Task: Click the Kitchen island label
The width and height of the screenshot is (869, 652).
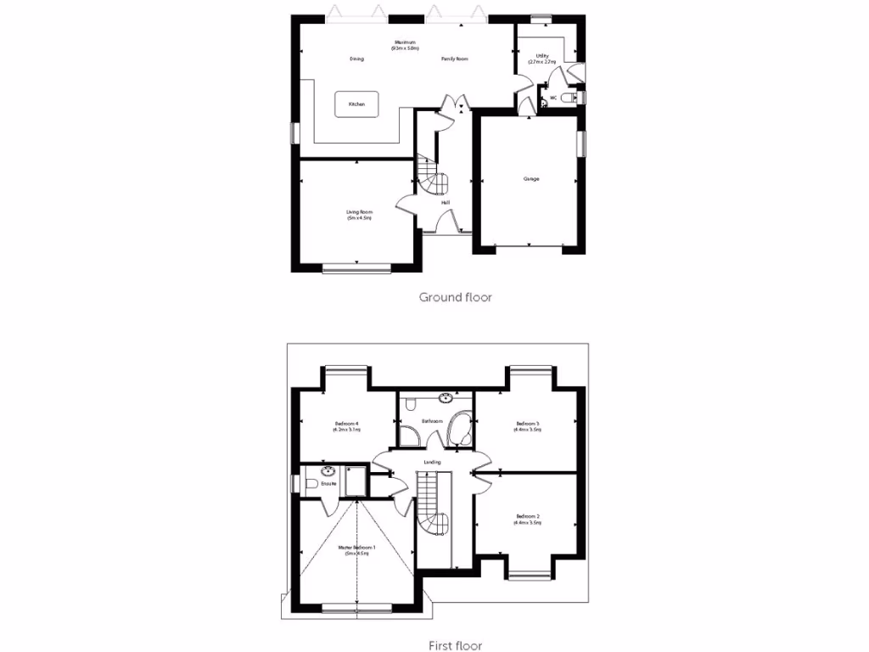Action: tap(357, 104)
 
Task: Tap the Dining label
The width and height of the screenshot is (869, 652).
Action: tap(356, 59)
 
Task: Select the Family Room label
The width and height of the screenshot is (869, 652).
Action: tap(455, 59)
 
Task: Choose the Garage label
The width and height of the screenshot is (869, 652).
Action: tap(531, 178)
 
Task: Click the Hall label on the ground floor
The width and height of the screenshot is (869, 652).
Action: tap(446, 202)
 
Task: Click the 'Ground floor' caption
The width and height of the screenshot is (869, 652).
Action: tap(456, 297)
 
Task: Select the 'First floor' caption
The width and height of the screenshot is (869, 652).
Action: tap(457, 646)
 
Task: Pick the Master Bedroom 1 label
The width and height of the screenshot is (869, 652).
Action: tap(356, 550)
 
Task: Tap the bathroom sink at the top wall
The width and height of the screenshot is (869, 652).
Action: tap(446, 396)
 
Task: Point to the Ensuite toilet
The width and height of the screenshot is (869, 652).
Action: tap(311, 483)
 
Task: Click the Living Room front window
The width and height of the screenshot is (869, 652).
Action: tap(356, 269)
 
